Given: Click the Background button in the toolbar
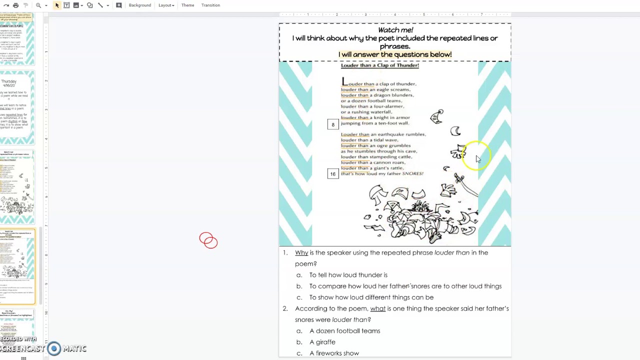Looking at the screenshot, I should (x=139, y=5).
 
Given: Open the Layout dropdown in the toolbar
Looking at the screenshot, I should (x=166, y=5).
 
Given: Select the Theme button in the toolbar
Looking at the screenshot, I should (x=187, y=5).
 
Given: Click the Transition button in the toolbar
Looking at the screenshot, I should (x=210, y=5).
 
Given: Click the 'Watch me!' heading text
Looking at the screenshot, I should (x=395, y=30).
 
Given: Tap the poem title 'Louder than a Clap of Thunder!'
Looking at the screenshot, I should (x=379, y=65).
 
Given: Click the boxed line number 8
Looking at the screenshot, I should (x=333, y=124).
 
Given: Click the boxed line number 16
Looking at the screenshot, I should (x=333, y=174).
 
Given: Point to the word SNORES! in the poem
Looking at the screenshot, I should (x=412, y=173).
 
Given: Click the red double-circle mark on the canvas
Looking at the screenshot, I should (x=208, y=240).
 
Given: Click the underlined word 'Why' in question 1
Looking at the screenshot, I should (x=301, y=253).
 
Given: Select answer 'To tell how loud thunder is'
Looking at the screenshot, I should (x=348, y=275).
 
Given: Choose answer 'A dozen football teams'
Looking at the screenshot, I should (x=344, y=331).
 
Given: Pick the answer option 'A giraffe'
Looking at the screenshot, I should (x=322, y=342).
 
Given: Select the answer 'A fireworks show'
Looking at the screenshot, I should (x=334, y=353).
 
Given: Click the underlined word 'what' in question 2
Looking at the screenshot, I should (x=377, y=309).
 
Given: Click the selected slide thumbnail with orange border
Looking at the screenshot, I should (x=18, y=266).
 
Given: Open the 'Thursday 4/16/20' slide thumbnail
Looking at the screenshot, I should (x=18, y=107).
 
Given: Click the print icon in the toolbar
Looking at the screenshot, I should (x=16, y=5).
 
